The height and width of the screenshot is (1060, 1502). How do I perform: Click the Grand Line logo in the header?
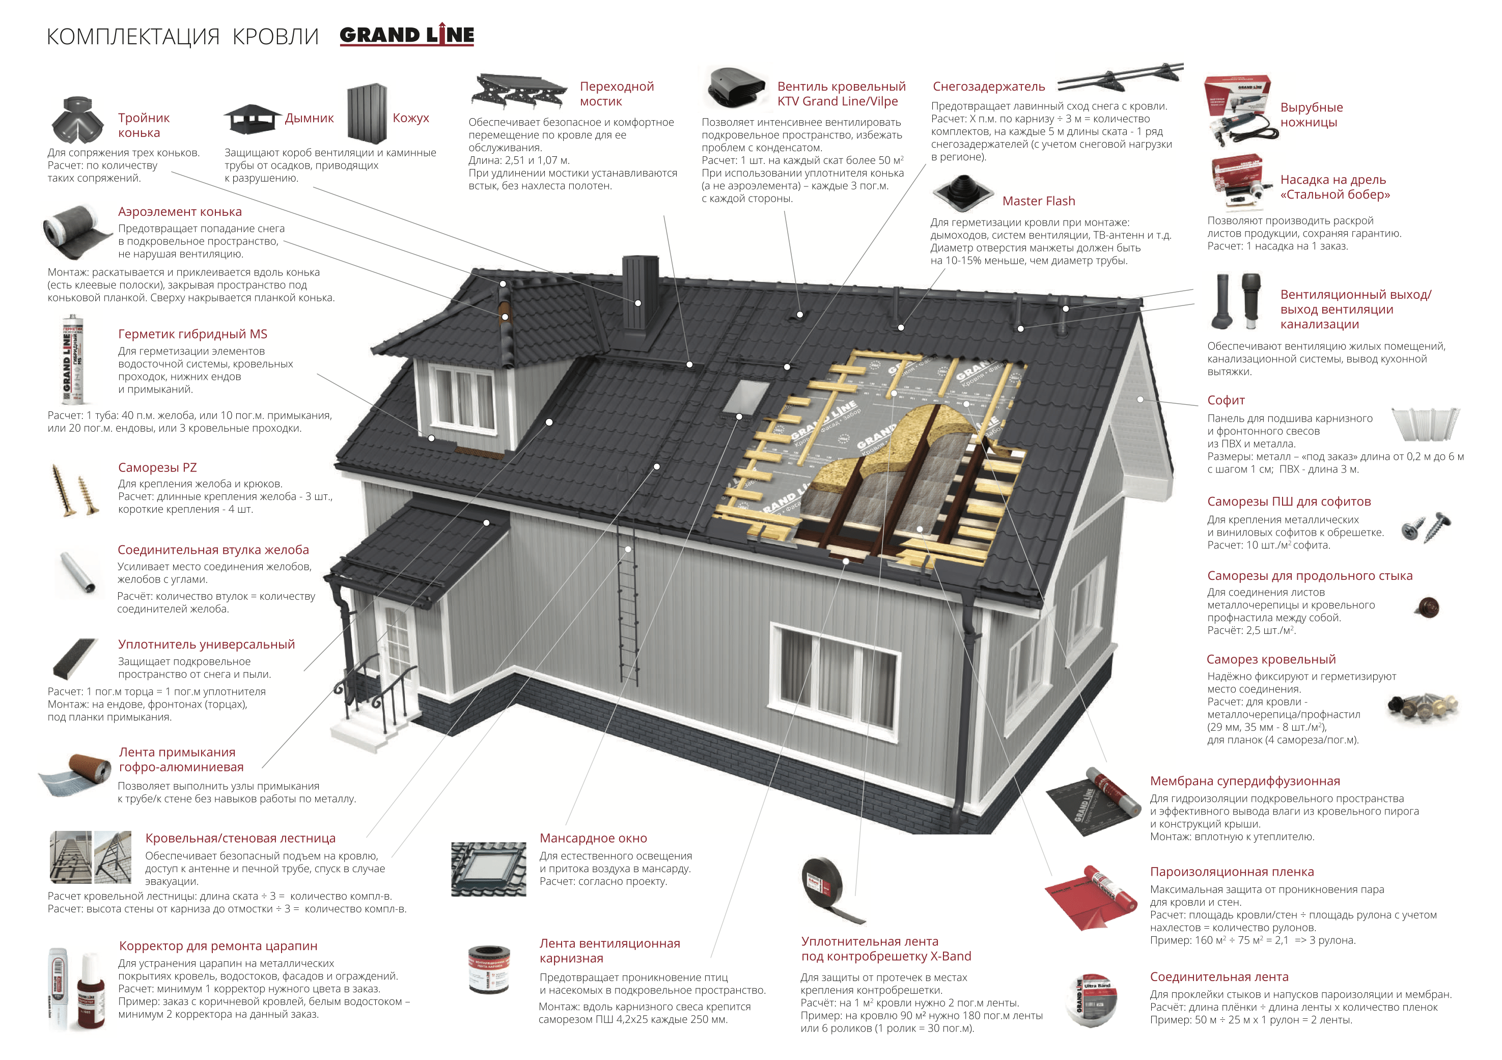click(406, 35)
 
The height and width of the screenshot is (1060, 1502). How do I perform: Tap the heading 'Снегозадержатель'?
click(988, 87)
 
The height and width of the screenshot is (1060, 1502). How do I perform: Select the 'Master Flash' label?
click(1038, 201)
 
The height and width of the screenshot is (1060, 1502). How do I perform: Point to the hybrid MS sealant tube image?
click(73, 359)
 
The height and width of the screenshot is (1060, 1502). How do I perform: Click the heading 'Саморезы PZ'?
click(157, 467)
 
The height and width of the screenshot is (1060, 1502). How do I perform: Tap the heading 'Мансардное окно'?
click(593, 838)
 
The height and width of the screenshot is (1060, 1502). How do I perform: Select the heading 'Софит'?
click(1226, 400)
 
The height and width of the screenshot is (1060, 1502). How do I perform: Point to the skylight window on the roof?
click(744, 397)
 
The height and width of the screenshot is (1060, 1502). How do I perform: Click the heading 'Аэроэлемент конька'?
click(180, 211)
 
